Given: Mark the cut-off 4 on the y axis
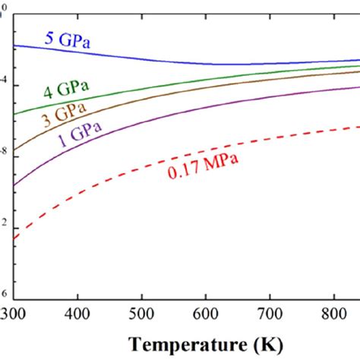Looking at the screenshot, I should point(5,81).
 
